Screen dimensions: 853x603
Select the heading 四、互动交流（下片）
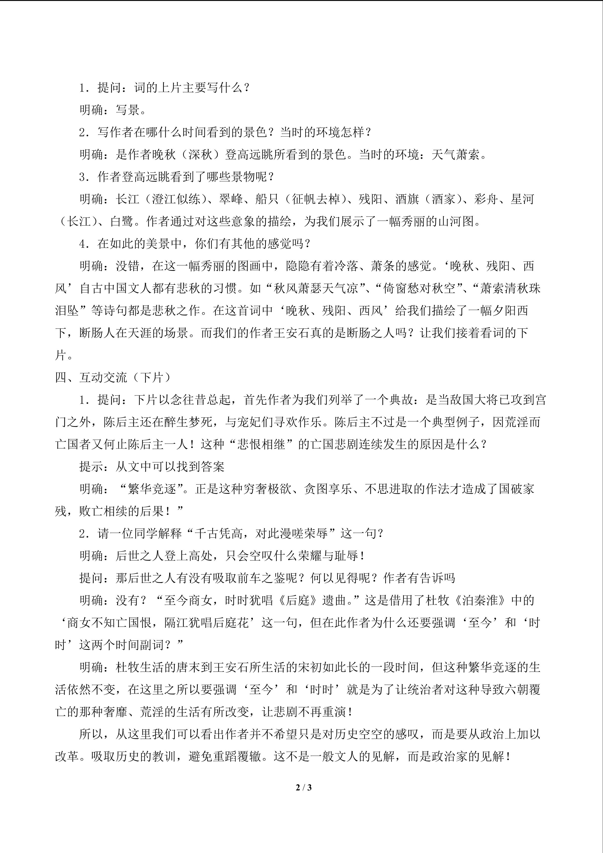pos(113,377)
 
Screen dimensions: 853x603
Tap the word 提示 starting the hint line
pos(91,467)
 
